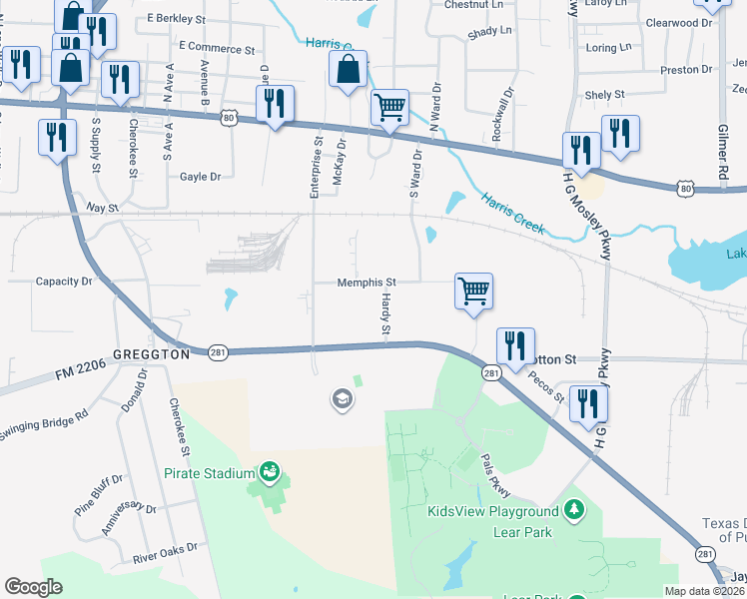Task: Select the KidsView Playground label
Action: click(x=493, y=512)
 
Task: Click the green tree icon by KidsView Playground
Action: click(x=573, y=511)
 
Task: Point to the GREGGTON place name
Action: click(x=152, y=354)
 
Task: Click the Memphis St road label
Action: click(x=367, y=283)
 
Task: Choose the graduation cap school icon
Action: click(x=343, y=399)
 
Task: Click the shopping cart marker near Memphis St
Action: click(x=473, y=292)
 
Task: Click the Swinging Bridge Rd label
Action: click(x=44, y=421)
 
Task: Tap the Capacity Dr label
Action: click(x=64, y=282)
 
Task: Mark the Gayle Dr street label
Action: click(x=200, y=177)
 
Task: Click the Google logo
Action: click(x=33, y=587)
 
